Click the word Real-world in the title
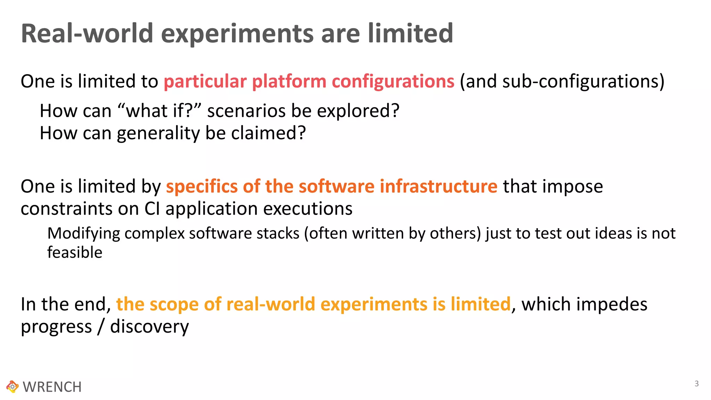(87, 33)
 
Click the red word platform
(289, 81)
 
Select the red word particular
(205, 81)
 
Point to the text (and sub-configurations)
(562, 81)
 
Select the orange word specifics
(202, 186)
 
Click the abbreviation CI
(152, 209)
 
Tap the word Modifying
(84, 233)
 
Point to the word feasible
(75, 252)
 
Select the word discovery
(149, 327)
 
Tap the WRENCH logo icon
(12, 386)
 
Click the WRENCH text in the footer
(52, 387)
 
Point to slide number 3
(696, 384)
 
